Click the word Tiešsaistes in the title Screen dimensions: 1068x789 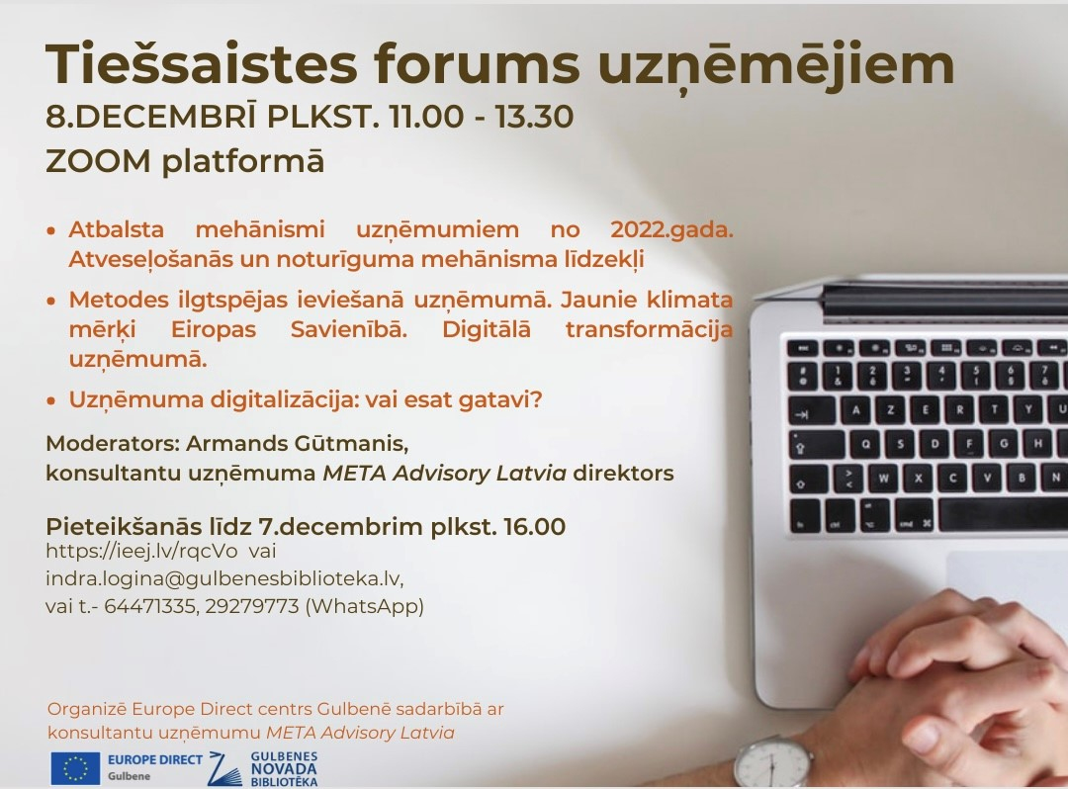(202, 64)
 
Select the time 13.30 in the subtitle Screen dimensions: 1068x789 (534, 117)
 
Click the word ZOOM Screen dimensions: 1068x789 (98, 162)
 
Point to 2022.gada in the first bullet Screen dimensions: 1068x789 (671, 230)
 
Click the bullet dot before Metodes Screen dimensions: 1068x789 (51, 301)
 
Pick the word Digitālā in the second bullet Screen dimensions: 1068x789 (487, 329)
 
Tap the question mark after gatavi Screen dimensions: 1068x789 (535, 398)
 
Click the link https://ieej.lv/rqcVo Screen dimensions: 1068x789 (141, 551)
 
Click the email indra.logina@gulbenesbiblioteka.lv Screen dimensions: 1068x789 (223, 578)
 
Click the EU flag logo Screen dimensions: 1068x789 (75, 768)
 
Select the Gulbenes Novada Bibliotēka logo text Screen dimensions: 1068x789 (284, 769)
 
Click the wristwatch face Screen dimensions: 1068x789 (771, 766)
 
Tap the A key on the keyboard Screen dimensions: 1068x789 (856, 409)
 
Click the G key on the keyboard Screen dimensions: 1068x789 (1004, 443)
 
